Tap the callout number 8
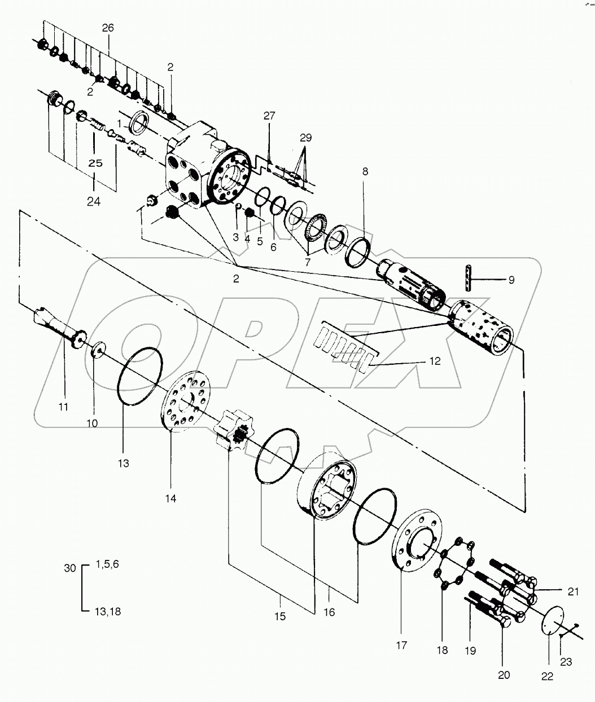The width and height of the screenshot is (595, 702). tap(365, 171)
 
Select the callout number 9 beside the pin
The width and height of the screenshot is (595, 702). tap(511, 279)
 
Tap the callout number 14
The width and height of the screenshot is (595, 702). tap(170, 498)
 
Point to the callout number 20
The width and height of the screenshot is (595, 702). tap(504, 674)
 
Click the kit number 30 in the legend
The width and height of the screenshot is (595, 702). tap(69, 568)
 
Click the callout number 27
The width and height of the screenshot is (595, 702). tap(269, 116)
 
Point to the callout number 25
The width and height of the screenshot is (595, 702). tap(95, 163)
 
